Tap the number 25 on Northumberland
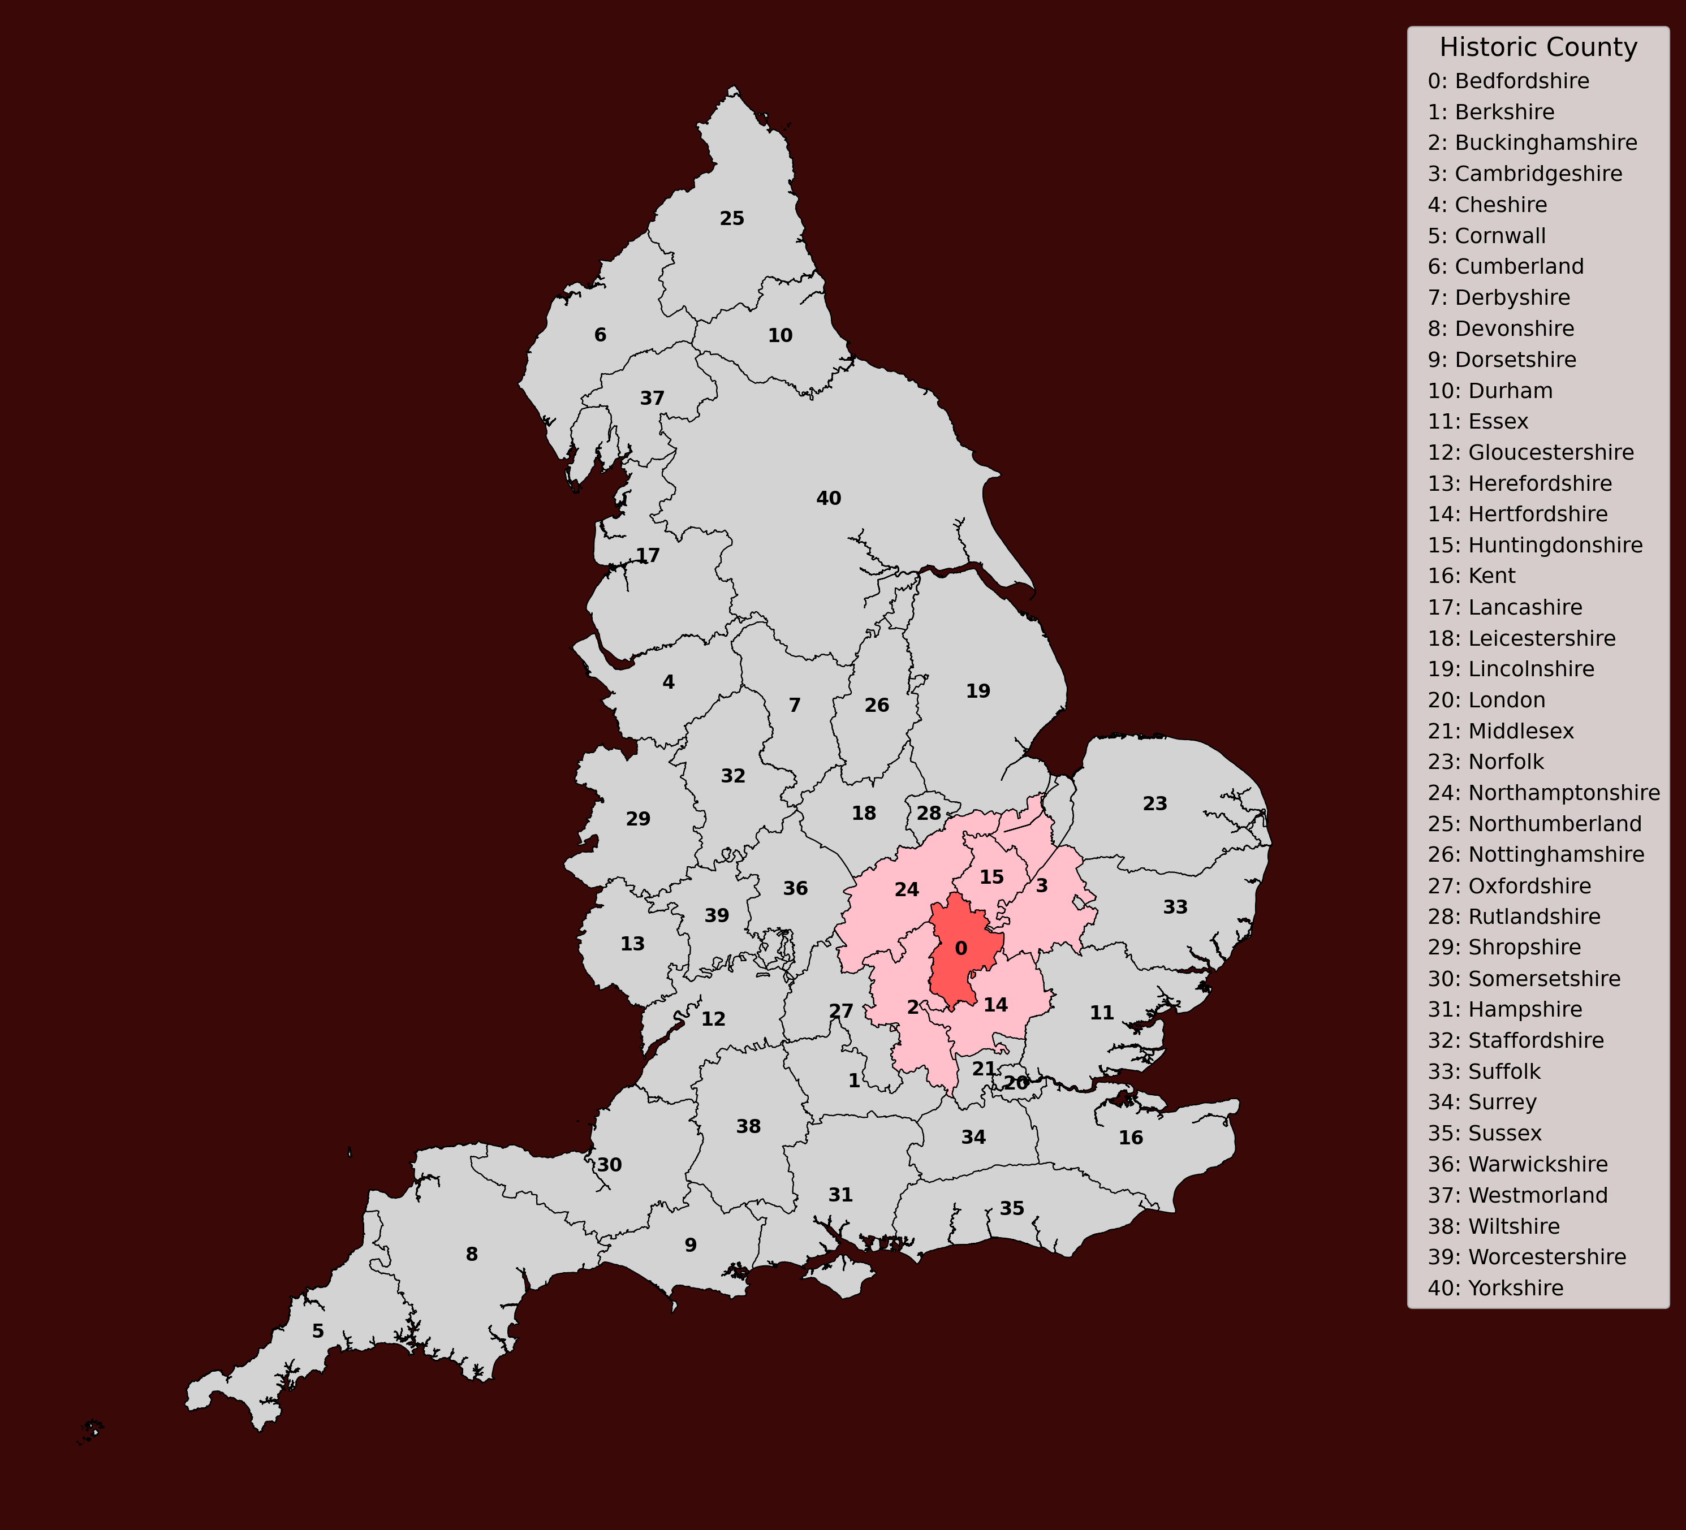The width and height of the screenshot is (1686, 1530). click(732, 218)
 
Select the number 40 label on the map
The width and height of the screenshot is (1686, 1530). click(828, 498)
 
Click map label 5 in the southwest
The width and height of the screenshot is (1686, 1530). click(318, 1331)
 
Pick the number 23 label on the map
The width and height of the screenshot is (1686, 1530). click(1154, 803)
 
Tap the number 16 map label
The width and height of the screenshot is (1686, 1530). click(1131, 1137)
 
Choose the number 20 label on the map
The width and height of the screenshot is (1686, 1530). click(1016, 1083)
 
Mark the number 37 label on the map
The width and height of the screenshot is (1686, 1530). click(652, 398)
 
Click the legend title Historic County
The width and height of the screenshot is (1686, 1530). click(1538, 47)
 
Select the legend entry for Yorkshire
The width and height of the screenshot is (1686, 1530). click(1495, 1287)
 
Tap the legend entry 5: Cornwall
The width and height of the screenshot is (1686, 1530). click(1487, 236)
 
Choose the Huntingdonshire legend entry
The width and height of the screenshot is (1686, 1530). click(1534, 545)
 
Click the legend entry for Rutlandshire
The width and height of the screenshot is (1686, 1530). click(1513, 917)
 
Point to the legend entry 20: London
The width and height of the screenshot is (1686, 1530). click(1486, 700)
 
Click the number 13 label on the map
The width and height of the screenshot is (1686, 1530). click(632, 944)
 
